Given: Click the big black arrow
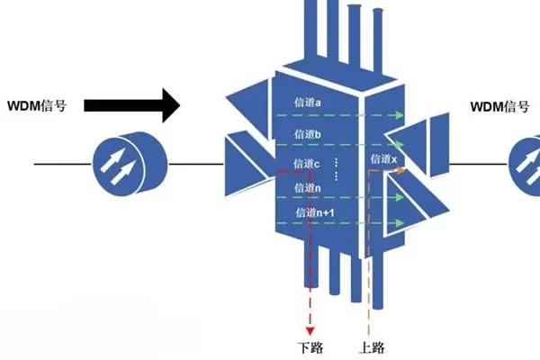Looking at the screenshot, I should tap(130, 105).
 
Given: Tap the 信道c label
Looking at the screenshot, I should tap(308, 164).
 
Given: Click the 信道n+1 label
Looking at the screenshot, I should tap(314, 213).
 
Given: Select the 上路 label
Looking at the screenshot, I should tap(368, 347).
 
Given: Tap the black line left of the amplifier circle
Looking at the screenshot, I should tap(63, 165).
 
